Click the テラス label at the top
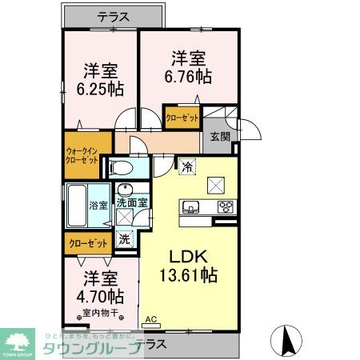[x=115, y=15]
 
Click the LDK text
[x=189, y=257]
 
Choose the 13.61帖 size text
[x=189, y=275]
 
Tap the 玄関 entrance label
[x=220, y=137]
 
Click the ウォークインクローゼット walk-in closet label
[x=82, y=155]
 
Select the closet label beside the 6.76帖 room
[x=182, y=118]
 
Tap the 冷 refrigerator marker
[x=186, y=167]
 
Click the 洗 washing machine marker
[x=125, y=238]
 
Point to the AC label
[x=150, y=319]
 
